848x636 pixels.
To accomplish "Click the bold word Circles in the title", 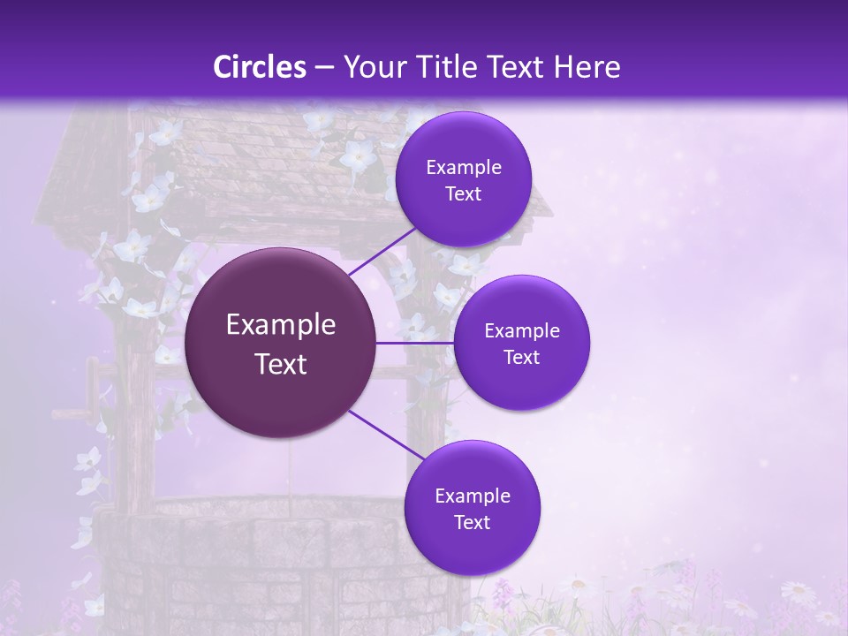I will (260, 67).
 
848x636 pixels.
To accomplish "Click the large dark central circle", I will (280, 343).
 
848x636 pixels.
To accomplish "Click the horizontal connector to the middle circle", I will (414, 343).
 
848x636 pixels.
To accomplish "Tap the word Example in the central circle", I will (281, 325).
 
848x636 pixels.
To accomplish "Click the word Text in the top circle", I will (464, 194).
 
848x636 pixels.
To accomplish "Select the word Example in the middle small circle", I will (522, 331).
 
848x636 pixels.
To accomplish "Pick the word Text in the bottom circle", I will (473, 522).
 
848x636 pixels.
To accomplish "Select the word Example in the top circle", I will (464, 168).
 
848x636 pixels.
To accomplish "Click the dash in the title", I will (324, 67).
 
